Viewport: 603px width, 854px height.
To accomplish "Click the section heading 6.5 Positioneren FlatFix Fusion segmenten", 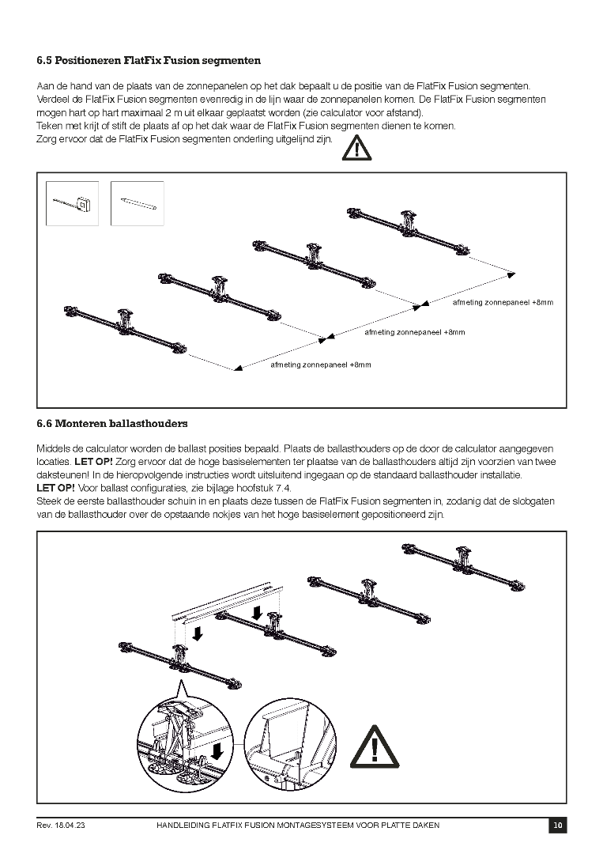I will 149,60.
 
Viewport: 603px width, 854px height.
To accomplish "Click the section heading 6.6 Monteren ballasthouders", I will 111,424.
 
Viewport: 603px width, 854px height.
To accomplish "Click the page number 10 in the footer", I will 558,826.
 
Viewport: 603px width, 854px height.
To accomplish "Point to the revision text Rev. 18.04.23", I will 61,826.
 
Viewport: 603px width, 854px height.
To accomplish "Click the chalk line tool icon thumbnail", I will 73,203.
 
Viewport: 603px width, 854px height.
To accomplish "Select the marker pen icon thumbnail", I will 138,203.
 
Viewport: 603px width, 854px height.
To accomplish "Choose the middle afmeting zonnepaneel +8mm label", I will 414,333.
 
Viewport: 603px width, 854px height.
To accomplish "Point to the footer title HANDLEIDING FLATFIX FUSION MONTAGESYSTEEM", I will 299,826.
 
